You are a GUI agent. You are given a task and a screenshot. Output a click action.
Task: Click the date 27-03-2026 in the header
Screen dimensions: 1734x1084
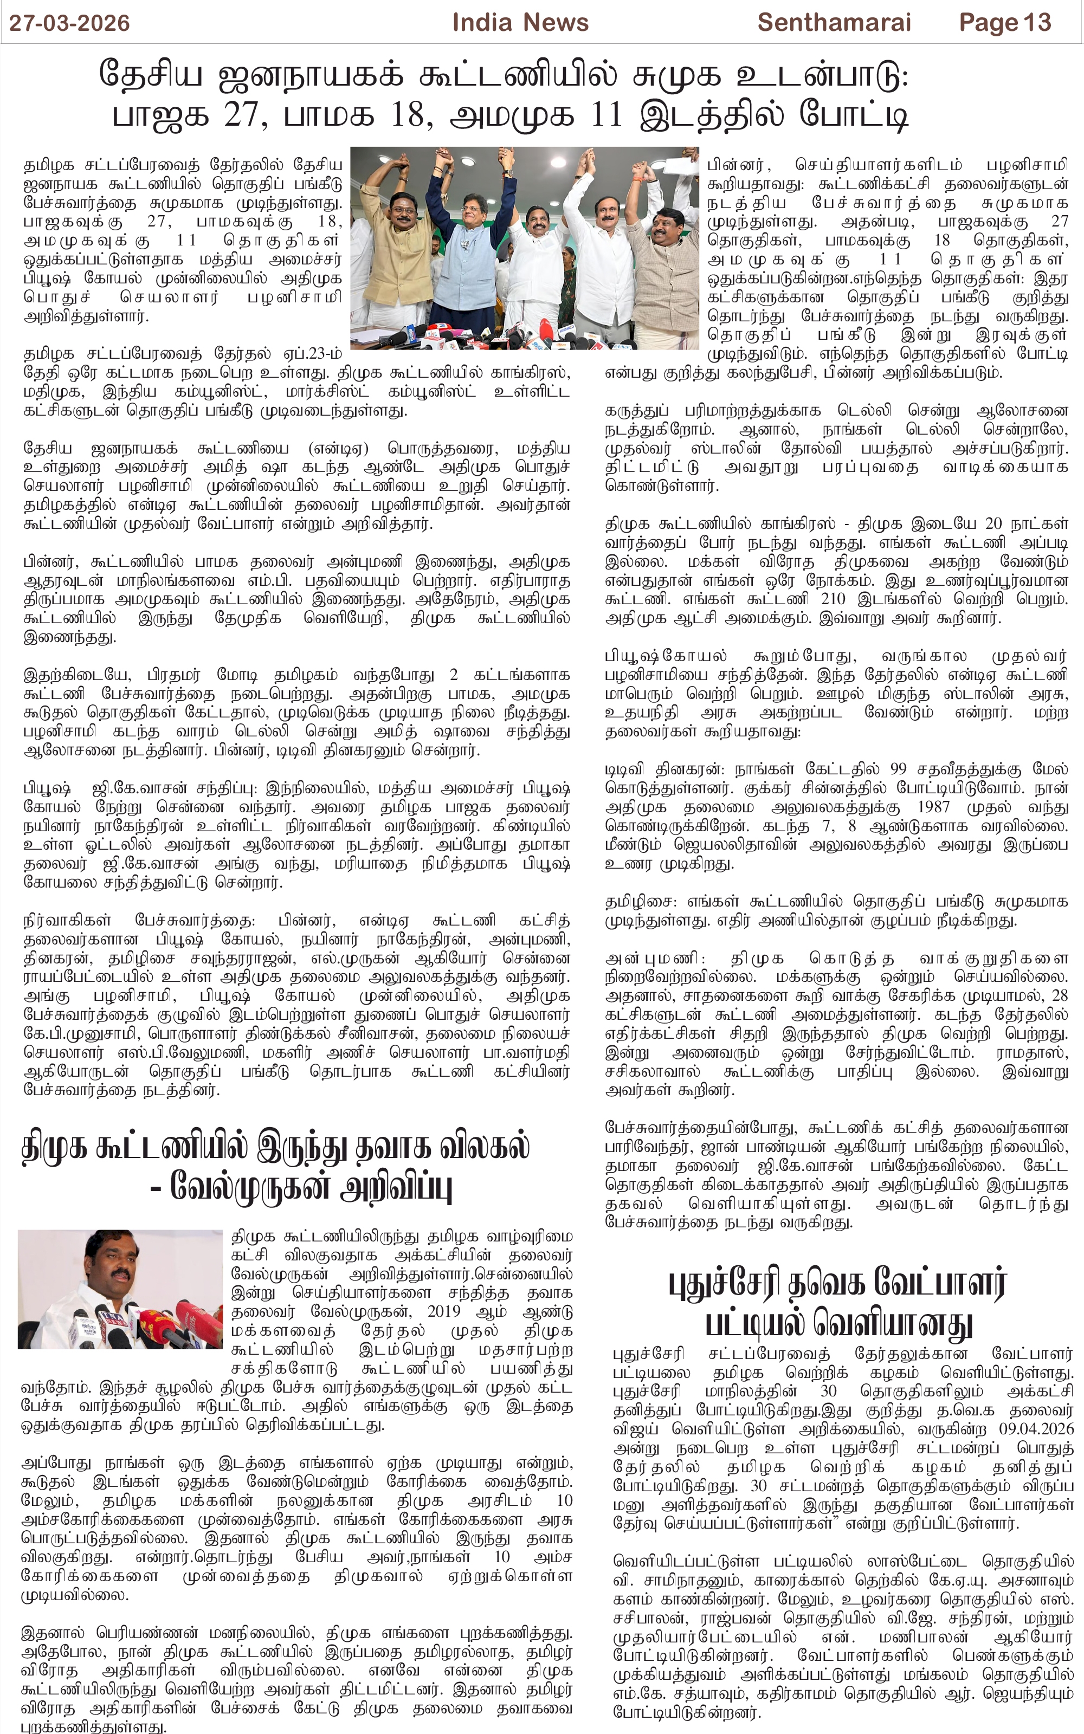[69, 23]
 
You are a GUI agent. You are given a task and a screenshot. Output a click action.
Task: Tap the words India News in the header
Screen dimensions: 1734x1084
[520, 23]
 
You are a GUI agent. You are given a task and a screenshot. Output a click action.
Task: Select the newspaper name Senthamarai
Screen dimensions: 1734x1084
[834, 23]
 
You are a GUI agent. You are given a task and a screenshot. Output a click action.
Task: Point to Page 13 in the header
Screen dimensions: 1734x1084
[1004, 23]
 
